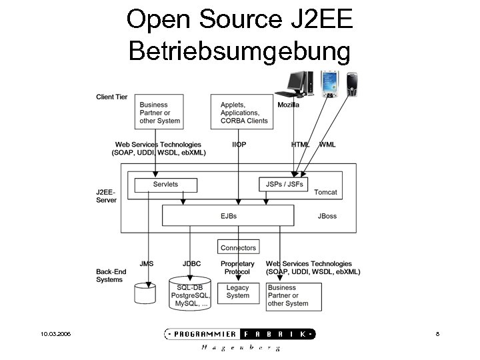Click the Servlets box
(165, 184)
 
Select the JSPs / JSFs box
(284, 184)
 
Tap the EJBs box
(228, 216)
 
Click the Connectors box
(238, 247)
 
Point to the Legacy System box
(237, 292)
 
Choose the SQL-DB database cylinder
(191, 293)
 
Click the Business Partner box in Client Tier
(161, 112)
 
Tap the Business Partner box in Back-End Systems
(294, 295)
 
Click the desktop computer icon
(297, 83)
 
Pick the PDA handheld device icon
(329, 84)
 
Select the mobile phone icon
(353, 85)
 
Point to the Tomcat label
(325, 192)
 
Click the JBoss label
(327, 216)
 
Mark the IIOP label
(239, 145)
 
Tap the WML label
(327, 145)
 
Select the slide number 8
(437, 334)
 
